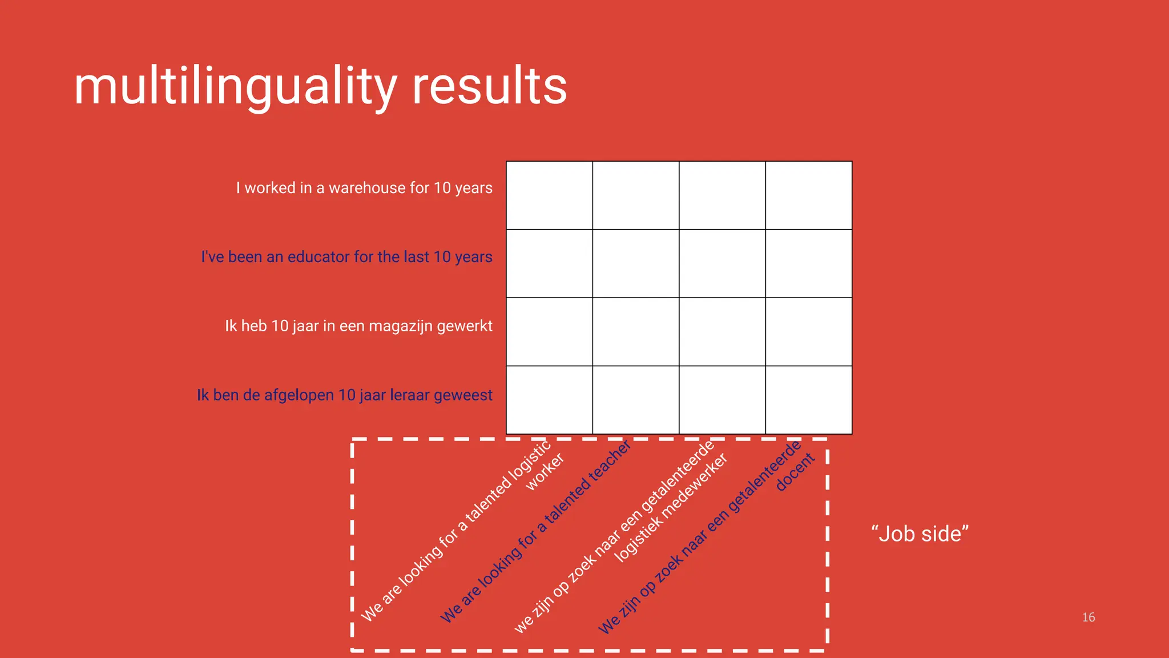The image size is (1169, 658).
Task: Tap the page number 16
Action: tap(1088, 617)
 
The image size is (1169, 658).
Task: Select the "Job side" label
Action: tap(920, 534)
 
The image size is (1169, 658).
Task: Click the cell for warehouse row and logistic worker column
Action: tap(549, 195)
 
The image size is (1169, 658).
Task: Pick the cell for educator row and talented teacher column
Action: tap(635, 263)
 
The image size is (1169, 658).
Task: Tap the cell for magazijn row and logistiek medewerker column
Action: tap(721, 332)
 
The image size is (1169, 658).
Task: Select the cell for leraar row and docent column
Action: tap(808, 400)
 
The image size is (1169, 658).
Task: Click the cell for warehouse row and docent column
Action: tap(808, 195)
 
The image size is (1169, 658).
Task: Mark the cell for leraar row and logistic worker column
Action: tap(549, 400)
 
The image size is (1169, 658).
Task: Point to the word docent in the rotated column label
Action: tap(795, 472)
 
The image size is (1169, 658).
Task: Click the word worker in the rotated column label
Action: tap(545, 471)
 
